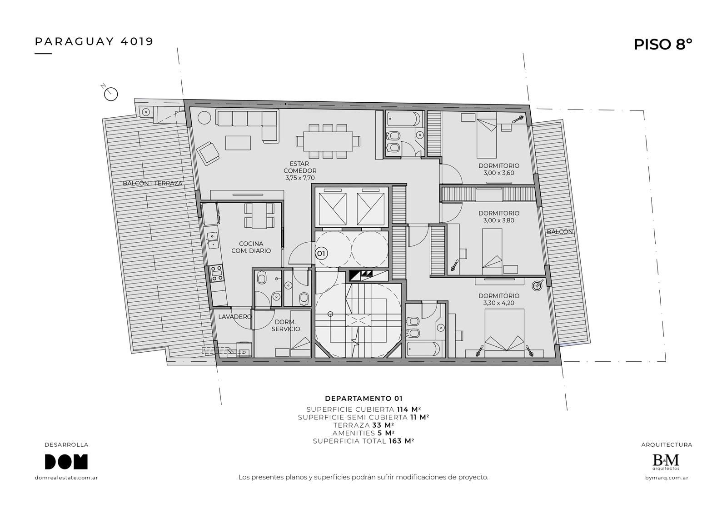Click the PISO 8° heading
click(663, 45)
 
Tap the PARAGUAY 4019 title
click(94, 41)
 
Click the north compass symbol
click(111, 94)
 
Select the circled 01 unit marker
click(321, 253)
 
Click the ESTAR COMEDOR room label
click(300, 167)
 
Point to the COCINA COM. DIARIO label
click(251, 247)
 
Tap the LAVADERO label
click(235, 317)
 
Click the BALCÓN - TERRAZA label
click(153, 184)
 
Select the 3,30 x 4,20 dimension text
click(498, 303)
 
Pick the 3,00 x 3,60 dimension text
click(499, 173)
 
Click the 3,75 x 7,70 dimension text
click(300, 178)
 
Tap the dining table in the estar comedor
click(328, 141)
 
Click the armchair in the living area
click(209, 153)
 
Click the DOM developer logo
click(66, 461)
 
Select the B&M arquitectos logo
click(666, 462)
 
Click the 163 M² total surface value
click(402, 441)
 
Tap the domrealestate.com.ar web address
click(66, 478)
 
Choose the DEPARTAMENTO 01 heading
click(363, 399)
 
